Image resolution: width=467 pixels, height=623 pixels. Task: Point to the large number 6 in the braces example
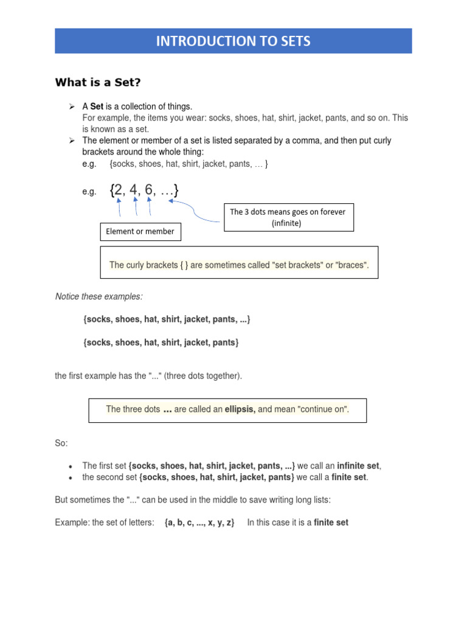[150, 190]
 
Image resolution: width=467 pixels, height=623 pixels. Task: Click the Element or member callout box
[140, 231]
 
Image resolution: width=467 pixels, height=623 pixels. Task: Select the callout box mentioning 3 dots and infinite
[288, 217]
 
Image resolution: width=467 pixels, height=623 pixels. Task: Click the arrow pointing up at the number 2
[119, 207]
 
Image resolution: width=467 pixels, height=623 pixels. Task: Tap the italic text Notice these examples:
[99, 296]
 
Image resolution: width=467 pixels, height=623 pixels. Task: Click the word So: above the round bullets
[61, 444]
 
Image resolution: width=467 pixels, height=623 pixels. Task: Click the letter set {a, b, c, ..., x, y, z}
[199, 522]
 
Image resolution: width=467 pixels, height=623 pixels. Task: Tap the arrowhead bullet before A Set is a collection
[71, 106]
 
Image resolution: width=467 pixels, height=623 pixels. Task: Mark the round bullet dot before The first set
[71, 466]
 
